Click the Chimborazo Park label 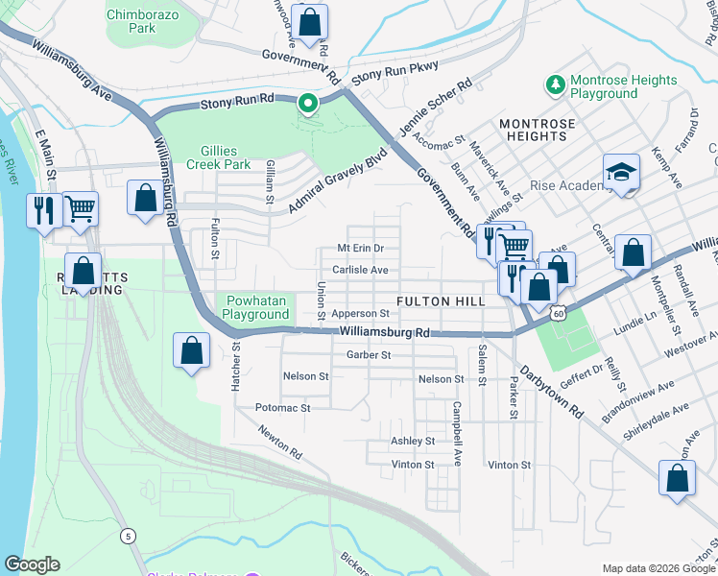click(144, 21)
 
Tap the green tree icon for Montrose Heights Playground click(555, 85)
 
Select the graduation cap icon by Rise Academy click(621, 174)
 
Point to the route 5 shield click(129, 536)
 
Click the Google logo click(32, 565)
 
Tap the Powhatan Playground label click(256, 307)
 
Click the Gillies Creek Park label click(212, 157)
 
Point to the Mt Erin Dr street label click(361, 248)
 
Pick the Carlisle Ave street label click(361, 271)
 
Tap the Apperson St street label click(359, 313)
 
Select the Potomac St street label click(283, 408)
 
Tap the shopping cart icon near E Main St click(81, 207)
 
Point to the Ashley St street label click(413, 441)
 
